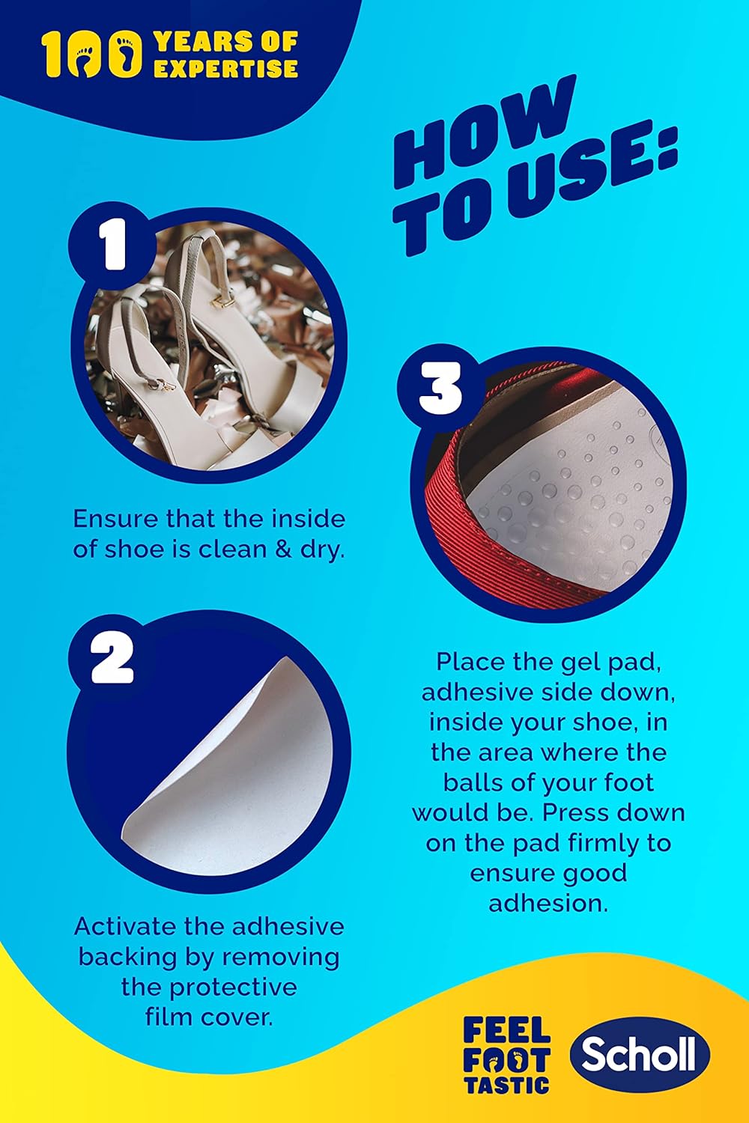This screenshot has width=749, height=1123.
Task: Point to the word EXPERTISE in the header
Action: [x=226, y=68]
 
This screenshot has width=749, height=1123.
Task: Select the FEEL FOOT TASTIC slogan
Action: [x=506, y=1054]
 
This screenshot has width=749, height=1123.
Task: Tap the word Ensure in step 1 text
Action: [x=115, y=519]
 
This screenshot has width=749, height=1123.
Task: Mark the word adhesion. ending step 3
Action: [x=548, y=903]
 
